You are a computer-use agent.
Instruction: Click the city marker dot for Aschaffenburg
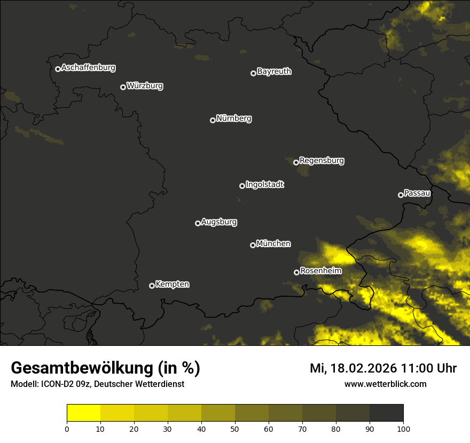point(58,69)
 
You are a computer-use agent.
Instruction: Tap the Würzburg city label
point(145,85)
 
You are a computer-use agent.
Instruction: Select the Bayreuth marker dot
point(253,73)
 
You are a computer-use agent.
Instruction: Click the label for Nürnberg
point(233,118)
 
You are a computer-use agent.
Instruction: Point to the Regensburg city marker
point(296,162)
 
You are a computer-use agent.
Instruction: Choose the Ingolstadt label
point(264,185)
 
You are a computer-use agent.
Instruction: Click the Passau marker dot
point(401,195)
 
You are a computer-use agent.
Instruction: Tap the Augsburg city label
point(219,222)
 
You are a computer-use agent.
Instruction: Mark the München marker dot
point(253,246)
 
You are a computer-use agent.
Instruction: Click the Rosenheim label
point(320,271)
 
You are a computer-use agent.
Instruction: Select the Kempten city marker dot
point(152,286)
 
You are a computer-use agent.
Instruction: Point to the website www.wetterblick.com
point(386,384)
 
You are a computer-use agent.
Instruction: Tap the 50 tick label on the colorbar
point(235,429)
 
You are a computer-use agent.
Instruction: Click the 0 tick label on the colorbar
point(67,429)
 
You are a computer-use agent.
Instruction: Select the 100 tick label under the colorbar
point(403,429)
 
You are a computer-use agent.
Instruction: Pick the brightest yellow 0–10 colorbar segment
point(84,413)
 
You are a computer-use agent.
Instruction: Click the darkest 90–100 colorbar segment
point(386,413)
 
